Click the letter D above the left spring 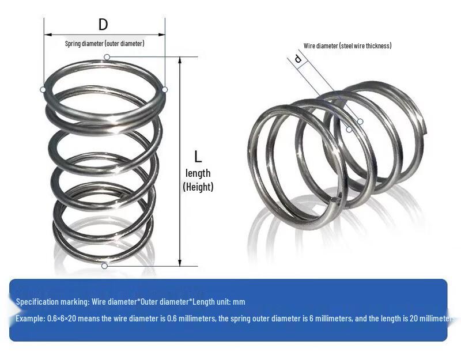[x=103, y=25]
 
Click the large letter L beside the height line [x=198, y=156]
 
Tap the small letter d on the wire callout [x=298, y=59]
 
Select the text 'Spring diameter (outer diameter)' [x=104, y=44]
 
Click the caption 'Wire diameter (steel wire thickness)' [x=347, y=46]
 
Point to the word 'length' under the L [x=198, y=173]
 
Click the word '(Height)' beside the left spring [x=198, y=187]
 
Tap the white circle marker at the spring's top [x=107, y=56]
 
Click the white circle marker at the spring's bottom [x=104, y=266]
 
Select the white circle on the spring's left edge [x=43, y=89]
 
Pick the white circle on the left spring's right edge [x=165, y=89]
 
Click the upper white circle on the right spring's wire [x=360, y=121]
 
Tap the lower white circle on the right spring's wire [x=349, y=130]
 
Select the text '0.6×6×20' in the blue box [x=63, y=319]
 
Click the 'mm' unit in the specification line [x=240, y=302]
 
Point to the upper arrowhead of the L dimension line [x=180, y=59]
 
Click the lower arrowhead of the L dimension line [x=180, y=263]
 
